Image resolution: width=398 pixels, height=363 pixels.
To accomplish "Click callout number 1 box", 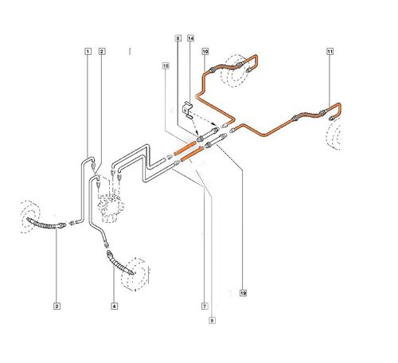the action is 88,52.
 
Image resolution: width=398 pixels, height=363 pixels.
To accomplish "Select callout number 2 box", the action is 102,52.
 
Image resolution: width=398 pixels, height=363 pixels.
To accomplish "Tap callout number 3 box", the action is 57,306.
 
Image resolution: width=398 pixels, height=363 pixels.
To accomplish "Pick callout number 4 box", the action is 114,306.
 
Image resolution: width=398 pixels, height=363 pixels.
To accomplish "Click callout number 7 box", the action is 205,306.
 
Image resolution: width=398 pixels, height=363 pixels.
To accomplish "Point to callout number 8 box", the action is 178,38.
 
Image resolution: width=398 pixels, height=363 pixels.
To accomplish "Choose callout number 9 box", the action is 212,320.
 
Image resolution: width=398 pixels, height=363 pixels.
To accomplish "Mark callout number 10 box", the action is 205,52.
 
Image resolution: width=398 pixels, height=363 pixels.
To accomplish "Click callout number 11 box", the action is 330,52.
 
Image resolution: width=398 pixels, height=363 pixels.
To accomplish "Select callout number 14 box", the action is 191,38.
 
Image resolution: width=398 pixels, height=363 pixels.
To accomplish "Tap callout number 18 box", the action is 166,65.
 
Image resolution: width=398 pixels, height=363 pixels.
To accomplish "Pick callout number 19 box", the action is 243,293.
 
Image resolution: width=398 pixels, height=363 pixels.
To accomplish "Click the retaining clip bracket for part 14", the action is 186,109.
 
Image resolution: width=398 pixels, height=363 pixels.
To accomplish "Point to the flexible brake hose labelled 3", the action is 46,224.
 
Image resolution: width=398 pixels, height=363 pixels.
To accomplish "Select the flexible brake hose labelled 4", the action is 119,263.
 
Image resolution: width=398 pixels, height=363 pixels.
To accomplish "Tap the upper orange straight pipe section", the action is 185,150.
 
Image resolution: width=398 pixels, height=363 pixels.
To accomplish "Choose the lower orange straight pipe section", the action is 192,154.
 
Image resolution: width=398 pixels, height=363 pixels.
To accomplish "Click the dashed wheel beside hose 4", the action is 135,275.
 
